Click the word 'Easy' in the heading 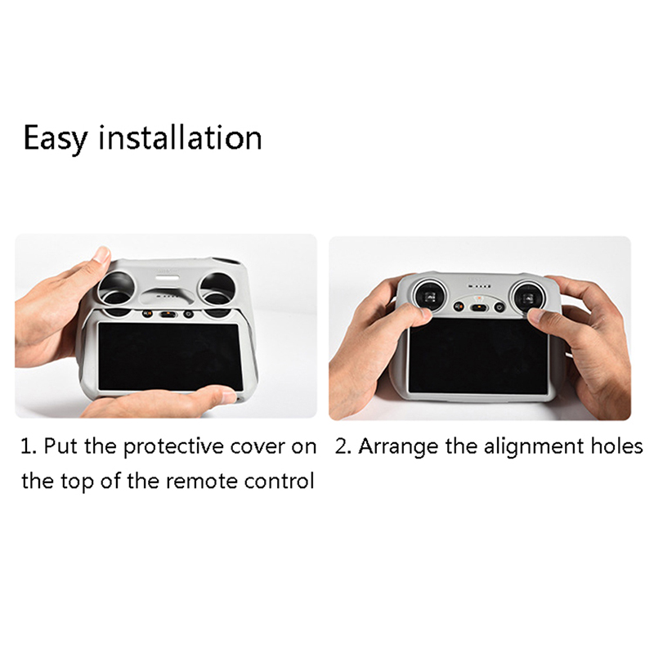tap(56, 138)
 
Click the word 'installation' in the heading tap(180, 137)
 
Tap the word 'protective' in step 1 tap(173, 447)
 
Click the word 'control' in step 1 tap(279, 481)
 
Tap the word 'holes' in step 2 tap(616, 446)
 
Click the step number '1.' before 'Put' tap(29, 446)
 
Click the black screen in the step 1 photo tap(170, 356)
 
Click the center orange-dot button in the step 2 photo tap(478, 308)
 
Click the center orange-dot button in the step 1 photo tap(168, 313)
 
